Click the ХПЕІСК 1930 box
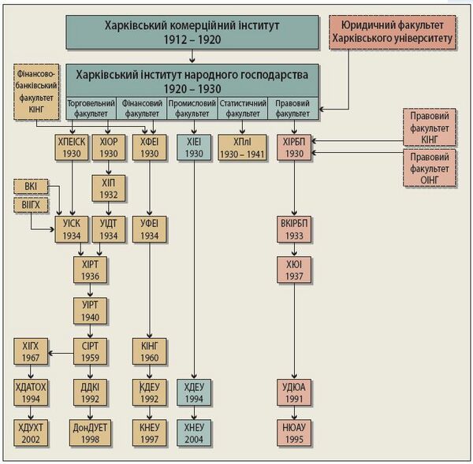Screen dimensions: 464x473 point(73,146)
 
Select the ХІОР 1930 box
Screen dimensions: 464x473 point(109,146)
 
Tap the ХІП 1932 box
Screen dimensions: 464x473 point(109,189)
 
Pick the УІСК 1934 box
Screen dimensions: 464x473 point(73,230)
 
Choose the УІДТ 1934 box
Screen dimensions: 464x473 point(109,230)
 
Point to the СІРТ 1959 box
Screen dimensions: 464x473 point(90,351)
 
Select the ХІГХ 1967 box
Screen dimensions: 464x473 point(32,351)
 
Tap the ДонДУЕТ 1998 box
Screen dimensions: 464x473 point(90,432)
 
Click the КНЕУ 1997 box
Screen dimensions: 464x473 point(149,432)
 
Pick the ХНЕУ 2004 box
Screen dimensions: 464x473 point(194,432)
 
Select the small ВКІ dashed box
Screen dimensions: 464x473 point(31,187)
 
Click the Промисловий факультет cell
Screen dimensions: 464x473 point(194,108)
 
